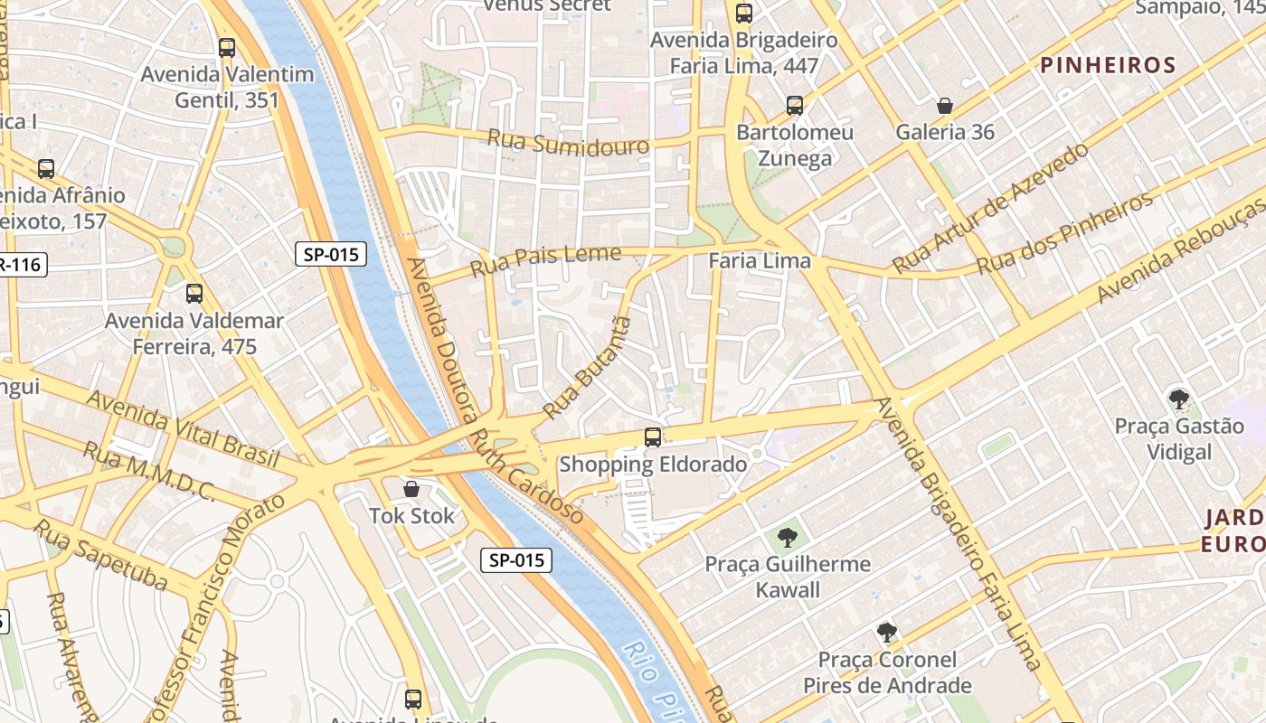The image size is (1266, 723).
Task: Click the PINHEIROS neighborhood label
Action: [x=1108, y=65]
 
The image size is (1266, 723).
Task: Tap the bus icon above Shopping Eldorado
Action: [x=652, y=437]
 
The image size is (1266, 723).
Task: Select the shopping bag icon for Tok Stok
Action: [x=411, y=489]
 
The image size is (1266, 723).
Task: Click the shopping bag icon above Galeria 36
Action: [x=945, y=106]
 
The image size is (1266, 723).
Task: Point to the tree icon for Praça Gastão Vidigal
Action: [x=1178, y=399]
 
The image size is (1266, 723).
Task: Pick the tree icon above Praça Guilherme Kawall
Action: [x=788, y=537]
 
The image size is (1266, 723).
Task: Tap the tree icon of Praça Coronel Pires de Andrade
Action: [x=886, y=632]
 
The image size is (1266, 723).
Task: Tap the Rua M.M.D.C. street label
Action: [x=148, y=470]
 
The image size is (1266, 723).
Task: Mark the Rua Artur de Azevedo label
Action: [x=990, y=207]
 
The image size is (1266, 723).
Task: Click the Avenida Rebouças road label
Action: [x=1180, y=252]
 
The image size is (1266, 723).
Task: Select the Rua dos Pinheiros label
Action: [x=1065, y=233]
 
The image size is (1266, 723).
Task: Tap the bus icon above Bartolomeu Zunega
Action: [x=794, y=106]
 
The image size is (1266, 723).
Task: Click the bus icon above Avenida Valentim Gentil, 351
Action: [x=226, y=48]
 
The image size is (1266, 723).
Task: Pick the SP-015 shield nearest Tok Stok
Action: [x=515, y=560]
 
